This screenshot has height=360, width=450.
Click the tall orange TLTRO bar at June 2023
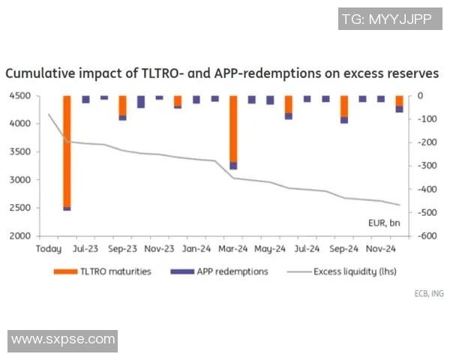(x=67, y=150)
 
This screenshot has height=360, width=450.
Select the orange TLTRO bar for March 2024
(x=233, y=127)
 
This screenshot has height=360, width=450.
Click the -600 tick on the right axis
(x=427, y=236)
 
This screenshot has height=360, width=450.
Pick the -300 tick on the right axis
(x=427, y=166)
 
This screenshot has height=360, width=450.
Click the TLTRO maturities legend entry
(x=112, y=271)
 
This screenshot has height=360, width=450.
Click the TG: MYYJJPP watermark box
(x=386, y=19)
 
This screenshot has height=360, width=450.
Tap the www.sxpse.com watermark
(x=64, y=339)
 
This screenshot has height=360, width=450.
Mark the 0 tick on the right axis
(x=421, y=96)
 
